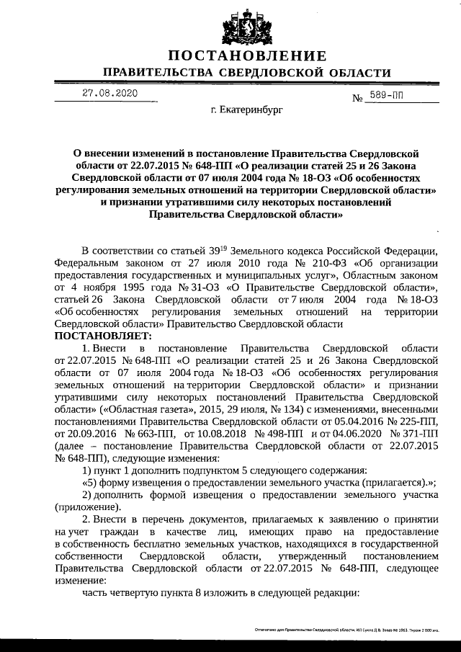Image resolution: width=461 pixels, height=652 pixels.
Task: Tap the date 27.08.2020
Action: pyautogui.click(x=109, y=93)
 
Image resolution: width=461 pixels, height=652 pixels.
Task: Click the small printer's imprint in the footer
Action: pyautogui.click(x=346, y=629)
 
